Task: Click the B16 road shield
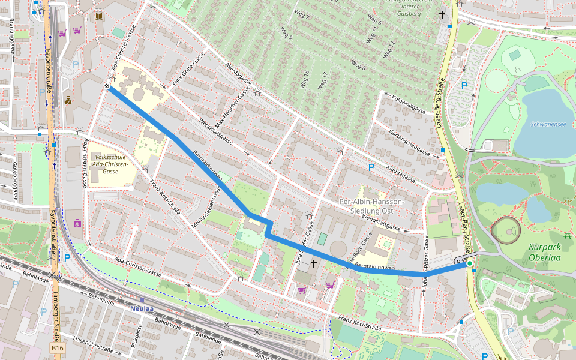click(57, 348)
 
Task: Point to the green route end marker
click(469, 263)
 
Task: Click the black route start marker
click(107, 87)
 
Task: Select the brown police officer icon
click(68, 101)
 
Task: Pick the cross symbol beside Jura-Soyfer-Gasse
click(313, 263)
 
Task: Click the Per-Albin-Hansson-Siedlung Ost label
click(371, 206)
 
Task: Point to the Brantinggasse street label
click(12, 38)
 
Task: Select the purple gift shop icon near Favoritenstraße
click(77, 223)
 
